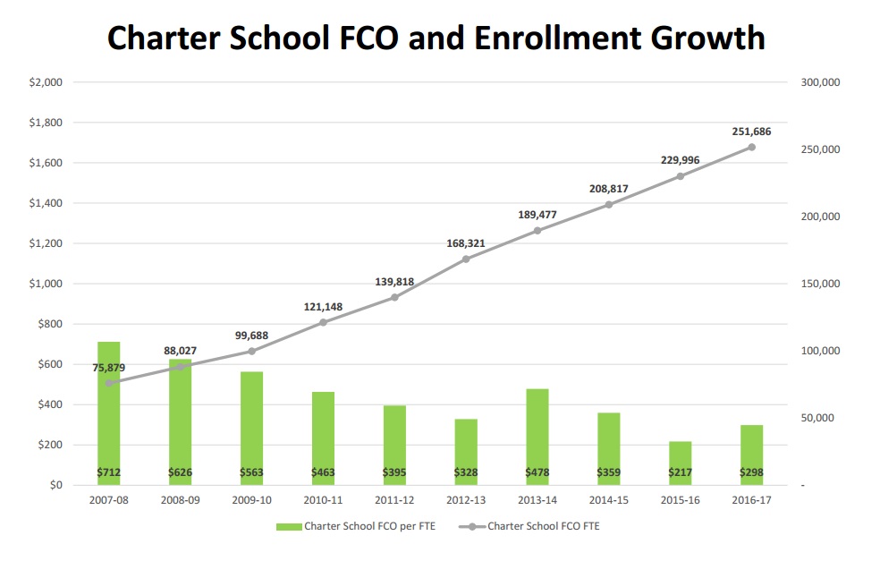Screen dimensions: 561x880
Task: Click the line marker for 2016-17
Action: (751, 147)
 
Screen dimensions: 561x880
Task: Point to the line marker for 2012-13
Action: (466, 259)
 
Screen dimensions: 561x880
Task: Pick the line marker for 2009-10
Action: (251, 351)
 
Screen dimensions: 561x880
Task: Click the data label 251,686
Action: (751, 132)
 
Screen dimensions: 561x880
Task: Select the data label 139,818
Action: (394, 282)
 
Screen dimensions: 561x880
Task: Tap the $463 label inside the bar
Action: (323, 472)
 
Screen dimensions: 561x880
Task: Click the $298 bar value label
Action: (751, 472)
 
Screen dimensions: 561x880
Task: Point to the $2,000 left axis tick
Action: (46, 82)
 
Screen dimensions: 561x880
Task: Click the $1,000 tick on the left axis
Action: (46, 284)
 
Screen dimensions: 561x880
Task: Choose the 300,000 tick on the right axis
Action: (820, 82)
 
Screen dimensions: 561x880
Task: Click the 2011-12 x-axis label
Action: (394, 501)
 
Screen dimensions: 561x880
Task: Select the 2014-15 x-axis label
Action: (609, 501)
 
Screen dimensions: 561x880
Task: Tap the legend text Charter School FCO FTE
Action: (544, 526)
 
